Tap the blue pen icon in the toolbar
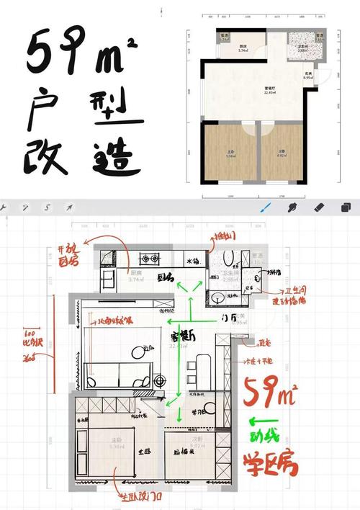266,207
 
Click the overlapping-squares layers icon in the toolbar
345,207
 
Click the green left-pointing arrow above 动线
261,423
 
